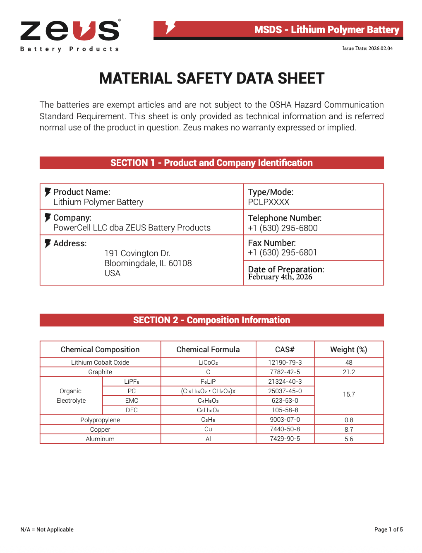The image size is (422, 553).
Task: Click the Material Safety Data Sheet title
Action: coord(211,78)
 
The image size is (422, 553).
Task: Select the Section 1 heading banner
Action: coord(211,163)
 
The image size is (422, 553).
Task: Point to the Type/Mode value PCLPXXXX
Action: coord(269,202)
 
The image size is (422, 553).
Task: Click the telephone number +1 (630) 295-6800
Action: coord(283,228)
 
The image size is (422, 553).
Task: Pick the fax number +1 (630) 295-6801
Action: coord(282,252)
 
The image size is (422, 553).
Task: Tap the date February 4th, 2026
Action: coord(280,277)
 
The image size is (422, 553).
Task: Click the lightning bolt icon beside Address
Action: coord(48,243)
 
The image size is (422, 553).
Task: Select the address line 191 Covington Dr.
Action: coord(137,253)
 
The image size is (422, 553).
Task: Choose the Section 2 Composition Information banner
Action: coord(211,320)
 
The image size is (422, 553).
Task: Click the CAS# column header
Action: coord(285,349)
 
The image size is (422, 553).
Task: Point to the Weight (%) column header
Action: coord(348,349)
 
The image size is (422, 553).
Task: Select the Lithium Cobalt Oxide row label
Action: coord(100,362)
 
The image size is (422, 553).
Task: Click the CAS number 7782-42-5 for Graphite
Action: coord(285,372)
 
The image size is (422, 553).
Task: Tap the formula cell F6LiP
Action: coord(208,381)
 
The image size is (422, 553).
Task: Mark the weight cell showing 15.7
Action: coord(348,394)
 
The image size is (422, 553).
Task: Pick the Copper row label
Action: coord(100,429)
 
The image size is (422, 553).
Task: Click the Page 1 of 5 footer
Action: coord(388,529)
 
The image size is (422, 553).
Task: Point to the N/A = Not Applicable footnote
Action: coord(47,529)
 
